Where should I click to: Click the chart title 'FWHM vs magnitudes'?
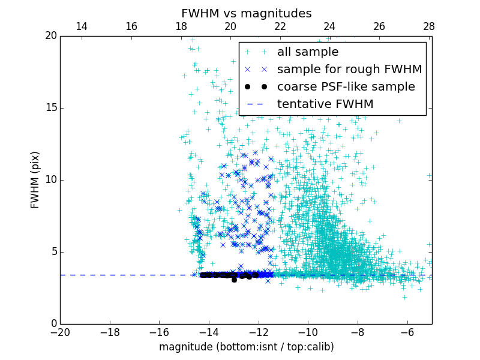(x=246, y=13)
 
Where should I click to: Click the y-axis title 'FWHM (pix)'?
(x=35, y=179)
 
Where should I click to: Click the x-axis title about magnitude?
(x=246, y=347)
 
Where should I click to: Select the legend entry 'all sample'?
(x=307, y=52)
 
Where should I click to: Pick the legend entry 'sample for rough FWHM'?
(x=349, y=70)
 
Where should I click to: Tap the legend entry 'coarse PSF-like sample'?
(x=346, y=87)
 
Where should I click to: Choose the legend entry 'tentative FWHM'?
(x=325, y=104)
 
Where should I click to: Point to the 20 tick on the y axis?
(x=50, y=36)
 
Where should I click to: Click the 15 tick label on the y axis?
(x=50, y=108)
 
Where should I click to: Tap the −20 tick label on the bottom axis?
(x=60, y=332)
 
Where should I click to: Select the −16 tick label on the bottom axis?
(x=159, y=332)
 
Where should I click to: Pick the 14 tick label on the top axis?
(x=82, y=26)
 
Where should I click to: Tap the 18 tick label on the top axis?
(x=181, y=26)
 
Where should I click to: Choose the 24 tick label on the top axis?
(x=329, y=26)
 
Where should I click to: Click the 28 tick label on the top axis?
(x=428, y=26)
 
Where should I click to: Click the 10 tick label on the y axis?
(x=50, y=180)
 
